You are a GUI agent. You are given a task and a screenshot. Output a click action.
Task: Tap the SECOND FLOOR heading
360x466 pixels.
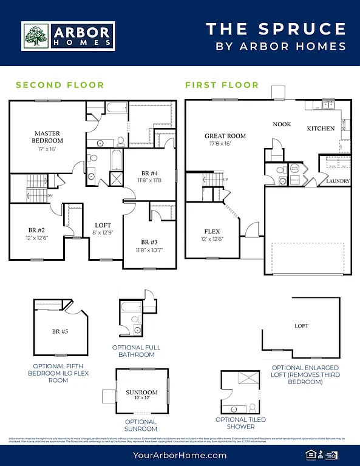(59, 85)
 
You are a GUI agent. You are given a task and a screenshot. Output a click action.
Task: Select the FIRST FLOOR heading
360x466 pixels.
(222, 85)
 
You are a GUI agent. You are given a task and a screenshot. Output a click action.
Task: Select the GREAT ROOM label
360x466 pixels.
(225, 136)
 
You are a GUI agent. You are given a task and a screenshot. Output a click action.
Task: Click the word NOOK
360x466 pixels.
(282, 124)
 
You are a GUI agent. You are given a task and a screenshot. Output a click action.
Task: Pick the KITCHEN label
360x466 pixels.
(321, 129)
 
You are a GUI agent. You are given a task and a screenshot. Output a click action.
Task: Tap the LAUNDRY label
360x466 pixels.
(338, 181)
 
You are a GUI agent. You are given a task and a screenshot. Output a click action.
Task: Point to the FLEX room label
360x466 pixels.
(212, 231)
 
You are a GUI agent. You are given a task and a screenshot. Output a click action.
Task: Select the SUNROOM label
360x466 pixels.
(141, 393)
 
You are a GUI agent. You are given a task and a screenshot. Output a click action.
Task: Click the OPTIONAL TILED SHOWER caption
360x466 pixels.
(240, 423)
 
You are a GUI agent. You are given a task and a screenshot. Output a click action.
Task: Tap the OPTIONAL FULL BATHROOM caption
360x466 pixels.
(137, 351)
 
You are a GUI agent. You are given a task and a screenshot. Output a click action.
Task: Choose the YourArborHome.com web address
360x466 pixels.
(180, 455)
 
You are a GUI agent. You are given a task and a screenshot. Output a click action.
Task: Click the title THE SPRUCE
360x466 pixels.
(276, 29)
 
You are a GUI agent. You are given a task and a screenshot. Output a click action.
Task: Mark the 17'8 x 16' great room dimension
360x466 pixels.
(218, 144)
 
